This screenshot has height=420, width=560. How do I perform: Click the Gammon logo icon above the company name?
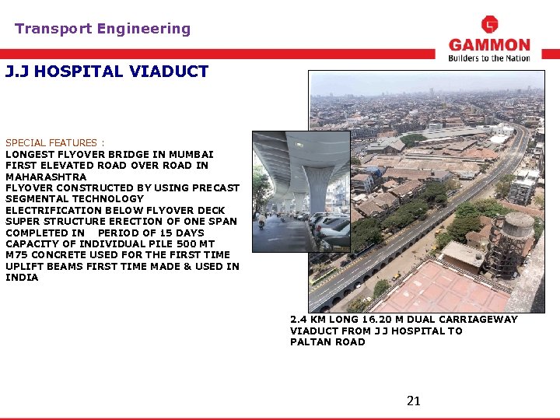coord(489,25)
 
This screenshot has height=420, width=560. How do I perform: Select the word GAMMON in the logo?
coord(489,45)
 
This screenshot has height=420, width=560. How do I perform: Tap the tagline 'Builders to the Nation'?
coord(489,58)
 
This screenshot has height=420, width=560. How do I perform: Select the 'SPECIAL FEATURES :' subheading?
coord(54,143)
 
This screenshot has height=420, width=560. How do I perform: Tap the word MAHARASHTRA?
coord(46,177)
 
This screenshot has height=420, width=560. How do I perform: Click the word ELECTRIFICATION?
coord(52,210)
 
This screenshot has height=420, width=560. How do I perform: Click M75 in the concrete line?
coord(16,255)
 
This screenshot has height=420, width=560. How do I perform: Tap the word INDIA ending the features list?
coord(22,278)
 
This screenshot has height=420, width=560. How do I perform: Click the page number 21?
coord(414,401)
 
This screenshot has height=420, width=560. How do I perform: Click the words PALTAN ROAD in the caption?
coord(327,342)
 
